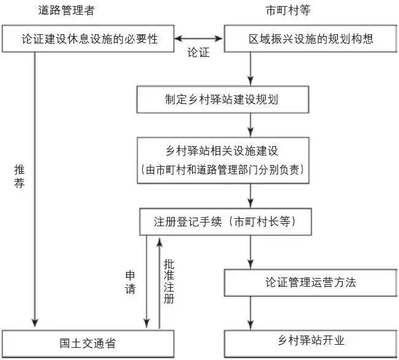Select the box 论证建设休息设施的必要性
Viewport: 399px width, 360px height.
(89, 39)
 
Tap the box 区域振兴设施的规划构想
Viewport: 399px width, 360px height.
(311, 39)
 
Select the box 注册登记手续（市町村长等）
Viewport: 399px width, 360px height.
(225, 222)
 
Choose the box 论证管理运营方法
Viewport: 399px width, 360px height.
(311, 282)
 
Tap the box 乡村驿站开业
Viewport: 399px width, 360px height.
(311, 341)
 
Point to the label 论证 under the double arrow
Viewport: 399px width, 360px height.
(198, 53)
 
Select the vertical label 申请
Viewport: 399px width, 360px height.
(130, 282)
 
